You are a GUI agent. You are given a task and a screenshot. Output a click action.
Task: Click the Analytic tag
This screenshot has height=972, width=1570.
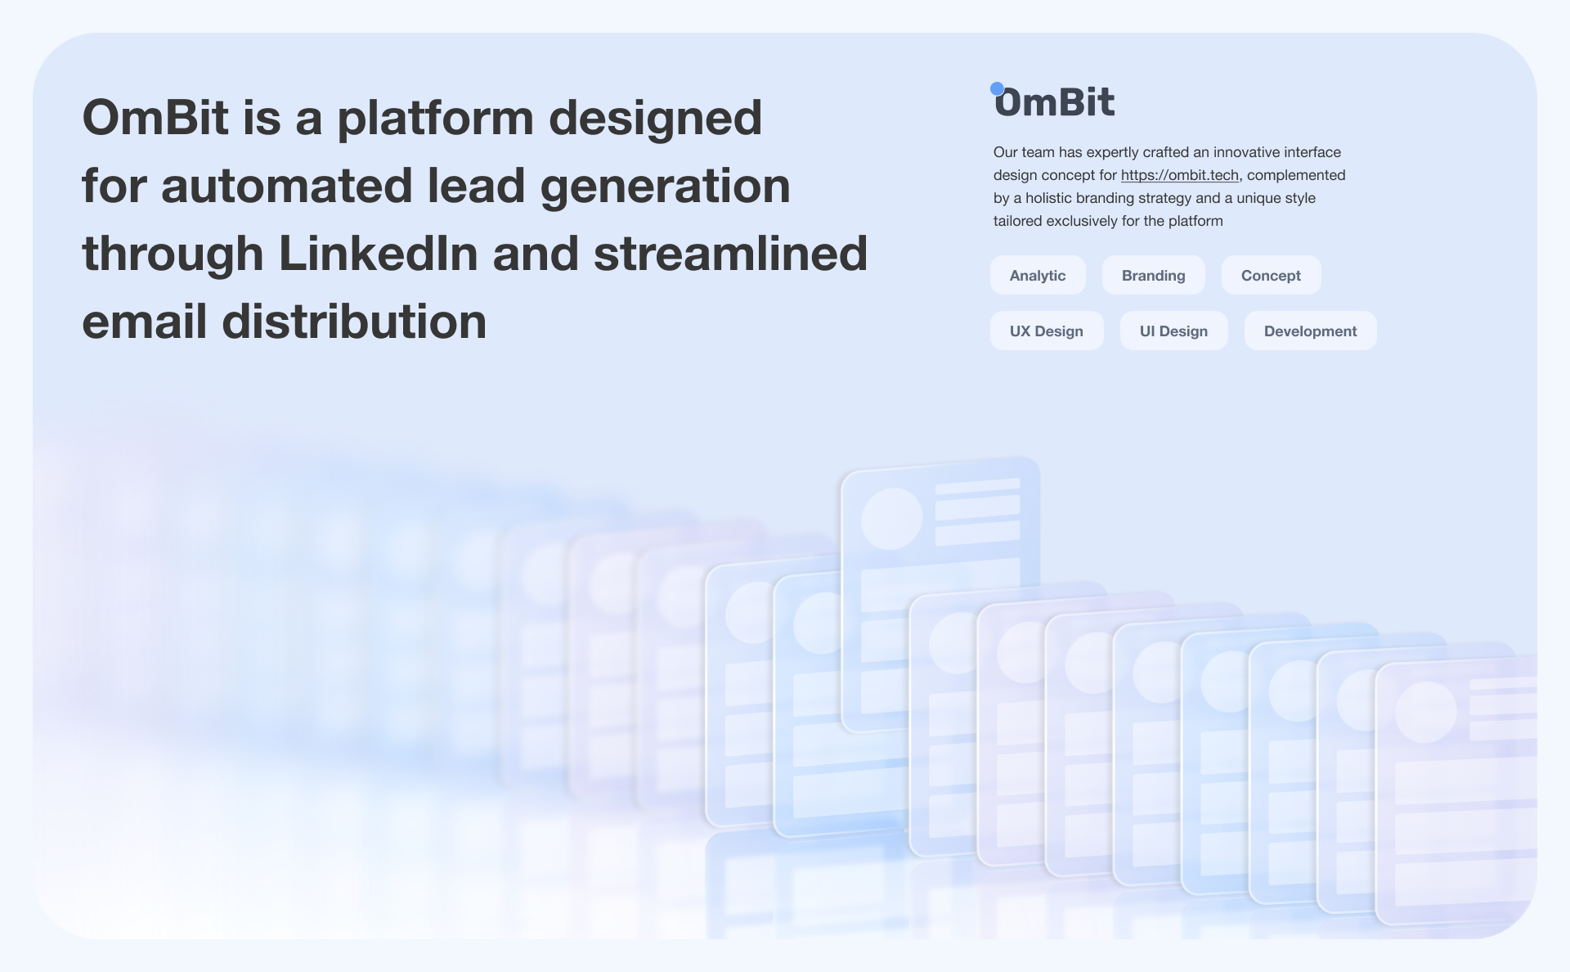1038,275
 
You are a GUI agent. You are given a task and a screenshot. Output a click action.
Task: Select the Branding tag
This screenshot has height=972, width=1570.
1153,275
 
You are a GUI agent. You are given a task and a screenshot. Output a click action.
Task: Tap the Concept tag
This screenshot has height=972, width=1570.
1271,275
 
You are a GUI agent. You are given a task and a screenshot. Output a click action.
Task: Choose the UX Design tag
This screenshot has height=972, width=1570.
1047,331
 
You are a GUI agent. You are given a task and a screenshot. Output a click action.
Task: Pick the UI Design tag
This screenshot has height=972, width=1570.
1173,331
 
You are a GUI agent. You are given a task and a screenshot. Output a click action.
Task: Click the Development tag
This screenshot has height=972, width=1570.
1310,331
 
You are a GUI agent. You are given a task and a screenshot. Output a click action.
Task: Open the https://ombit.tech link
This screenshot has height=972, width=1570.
1179,175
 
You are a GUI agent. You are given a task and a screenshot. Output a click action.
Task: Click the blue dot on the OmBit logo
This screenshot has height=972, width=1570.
997,88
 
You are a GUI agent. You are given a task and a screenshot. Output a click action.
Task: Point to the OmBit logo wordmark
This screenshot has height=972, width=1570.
1053,101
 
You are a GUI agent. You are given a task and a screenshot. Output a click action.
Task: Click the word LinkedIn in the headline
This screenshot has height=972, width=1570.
378,253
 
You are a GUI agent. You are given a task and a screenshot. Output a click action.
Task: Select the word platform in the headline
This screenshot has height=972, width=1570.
435,119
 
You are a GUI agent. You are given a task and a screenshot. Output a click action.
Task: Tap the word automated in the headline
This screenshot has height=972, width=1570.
286,186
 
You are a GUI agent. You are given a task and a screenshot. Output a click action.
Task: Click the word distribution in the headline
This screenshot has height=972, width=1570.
354,321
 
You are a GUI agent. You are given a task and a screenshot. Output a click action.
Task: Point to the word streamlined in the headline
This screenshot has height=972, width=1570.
730,253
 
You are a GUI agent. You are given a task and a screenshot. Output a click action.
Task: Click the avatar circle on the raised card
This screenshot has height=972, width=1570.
891,519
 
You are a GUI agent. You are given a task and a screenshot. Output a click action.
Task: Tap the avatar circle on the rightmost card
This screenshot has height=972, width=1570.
1425,712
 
